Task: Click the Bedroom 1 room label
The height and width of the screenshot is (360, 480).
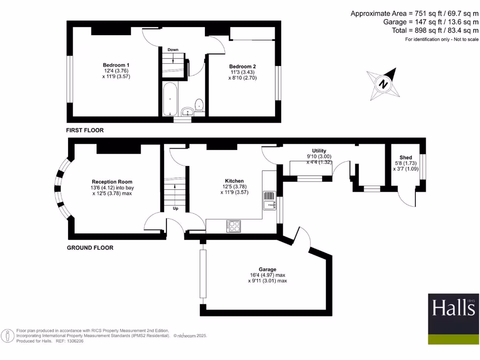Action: tap(116, 65)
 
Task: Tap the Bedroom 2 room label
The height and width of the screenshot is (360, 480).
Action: tap(242, 67)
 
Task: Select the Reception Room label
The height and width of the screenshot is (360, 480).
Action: tap(112, 182)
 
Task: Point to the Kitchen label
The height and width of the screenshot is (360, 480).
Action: tap(234, 181)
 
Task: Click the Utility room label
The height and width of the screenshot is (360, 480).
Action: tap(319, 150)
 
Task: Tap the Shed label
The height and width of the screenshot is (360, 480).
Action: tap(406, 157)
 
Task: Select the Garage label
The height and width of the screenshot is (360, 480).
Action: tap(267, 270)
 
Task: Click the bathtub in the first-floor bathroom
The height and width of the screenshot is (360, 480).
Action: tap(170, 99)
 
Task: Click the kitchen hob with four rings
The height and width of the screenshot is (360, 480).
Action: tap(234, 225)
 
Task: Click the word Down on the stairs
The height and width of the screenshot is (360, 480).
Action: tap(173, 49)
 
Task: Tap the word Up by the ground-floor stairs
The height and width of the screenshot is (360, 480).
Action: tap(176, 209)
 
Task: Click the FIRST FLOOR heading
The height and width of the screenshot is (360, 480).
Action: tap(85, 130)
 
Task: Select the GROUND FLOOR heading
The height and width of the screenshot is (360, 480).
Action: tap(90, 247)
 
